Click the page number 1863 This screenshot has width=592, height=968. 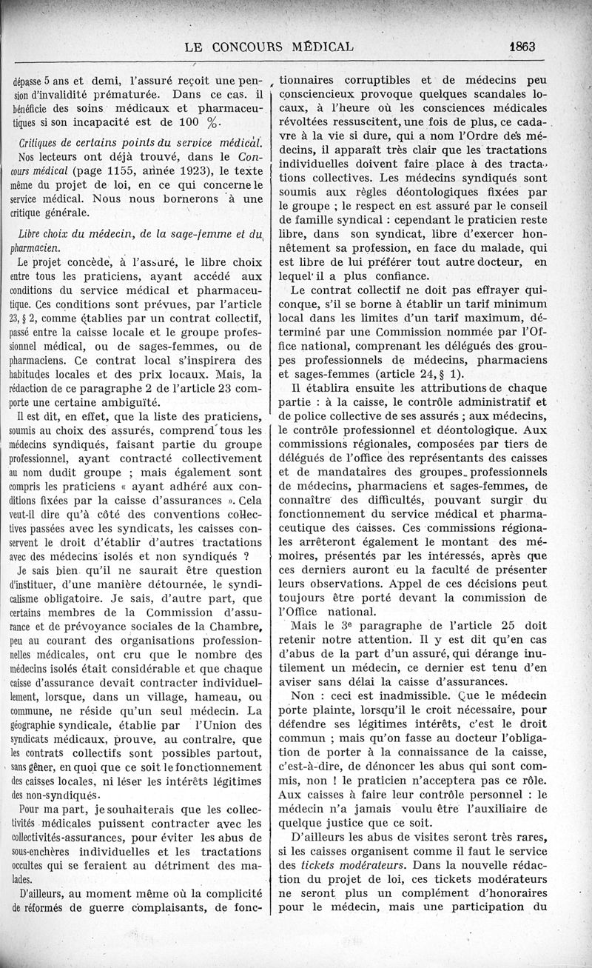coord(522,47)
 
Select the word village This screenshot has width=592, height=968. coord(144,698)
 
